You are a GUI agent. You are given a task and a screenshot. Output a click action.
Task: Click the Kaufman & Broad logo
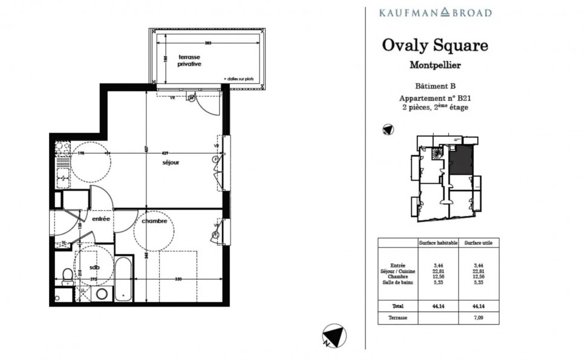434,12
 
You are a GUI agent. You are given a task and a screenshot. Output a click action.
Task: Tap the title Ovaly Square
434,45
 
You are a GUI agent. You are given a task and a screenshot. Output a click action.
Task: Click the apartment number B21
463,98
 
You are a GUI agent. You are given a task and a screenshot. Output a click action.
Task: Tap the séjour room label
171,163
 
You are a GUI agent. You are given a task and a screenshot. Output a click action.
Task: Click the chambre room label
154,221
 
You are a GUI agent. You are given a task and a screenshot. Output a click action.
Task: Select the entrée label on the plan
101,219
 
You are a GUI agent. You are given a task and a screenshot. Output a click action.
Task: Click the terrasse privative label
189,60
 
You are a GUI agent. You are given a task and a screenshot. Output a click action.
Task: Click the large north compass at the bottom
333,336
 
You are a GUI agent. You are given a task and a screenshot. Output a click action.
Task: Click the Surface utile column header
477,243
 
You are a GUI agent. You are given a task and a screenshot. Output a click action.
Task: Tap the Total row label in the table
396,306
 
